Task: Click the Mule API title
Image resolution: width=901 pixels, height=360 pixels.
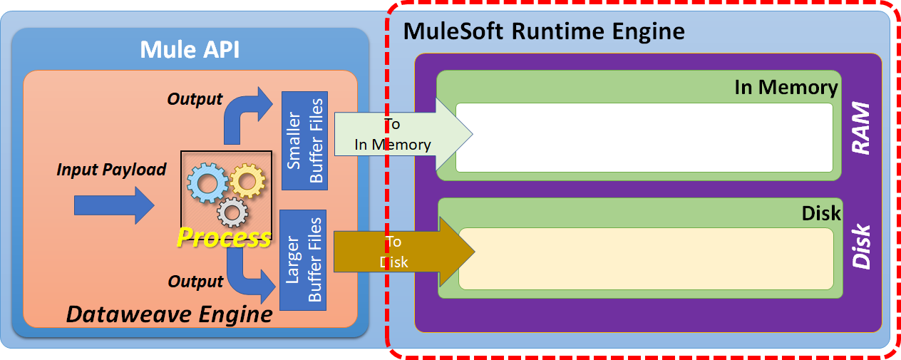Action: [x=189, y=49]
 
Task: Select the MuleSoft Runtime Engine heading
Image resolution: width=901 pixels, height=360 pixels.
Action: [x=544, y=31]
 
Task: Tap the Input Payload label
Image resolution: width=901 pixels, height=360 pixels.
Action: [x=111, y=170]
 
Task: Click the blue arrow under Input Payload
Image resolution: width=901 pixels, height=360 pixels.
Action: [x=114, y=206]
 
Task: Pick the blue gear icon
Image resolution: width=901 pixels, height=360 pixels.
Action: [x=206, y=183]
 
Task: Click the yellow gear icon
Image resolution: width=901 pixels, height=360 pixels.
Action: [x=247, y=182]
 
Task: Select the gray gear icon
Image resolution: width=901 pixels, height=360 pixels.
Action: [x=232, y=212]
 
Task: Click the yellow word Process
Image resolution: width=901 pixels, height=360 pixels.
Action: [x=224, y=237]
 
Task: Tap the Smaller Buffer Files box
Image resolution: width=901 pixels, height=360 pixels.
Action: [x=304, y=140]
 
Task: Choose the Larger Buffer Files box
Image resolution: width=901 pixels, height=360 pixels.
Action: [x=304, y=260]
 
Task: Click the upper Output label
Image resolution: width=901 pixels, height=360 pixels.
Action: [x=195, y=99]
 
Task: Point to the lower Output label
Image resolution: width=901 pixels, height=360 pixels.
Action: [x=195, y=282]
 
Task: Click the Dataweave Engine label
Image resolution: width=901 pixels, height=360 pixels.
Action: [x=169, y=314]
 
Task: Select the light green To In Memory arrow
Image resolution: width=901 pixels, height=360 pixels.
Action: [x=399, y=134]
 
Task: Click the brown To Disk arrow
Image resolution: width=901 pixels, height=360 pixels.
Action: [x=399, y=252]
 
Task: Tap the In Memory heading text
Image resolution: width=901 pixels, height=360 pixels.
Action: [x=786, y=87]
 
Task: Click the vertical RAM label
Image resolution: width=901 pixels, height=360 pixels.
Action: [x=861, y=128]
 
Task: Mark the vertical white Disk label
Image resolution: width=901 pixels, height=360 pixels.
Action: [x=862, y=247]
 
